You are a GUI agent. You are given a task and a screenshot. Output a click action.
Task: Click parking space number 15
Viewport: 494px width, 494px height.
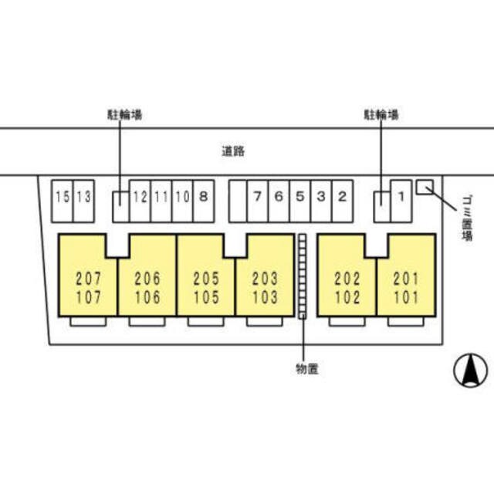click(62, 197)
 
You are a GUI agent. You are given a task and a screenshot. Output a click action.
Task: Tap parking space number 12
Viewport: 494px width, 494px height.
click(140, 197)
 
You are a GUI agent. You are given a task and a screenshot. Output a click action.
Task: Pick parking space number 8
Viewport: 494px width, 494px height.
click(203, 197)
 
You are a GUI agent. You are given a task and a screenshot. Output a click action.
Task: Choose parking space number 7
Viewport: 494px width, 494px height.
click(257, 197)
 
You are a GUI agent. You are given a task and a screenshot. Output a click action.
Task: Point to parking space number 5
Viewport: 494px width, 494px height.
click(299, 197)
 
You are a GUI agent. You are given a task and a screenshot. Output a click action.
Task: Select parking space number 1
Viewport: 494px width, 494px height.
click(401, 197)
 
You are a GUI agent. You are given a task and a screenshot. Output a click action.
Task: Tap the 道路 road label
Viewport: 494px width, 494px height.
click(232, 151)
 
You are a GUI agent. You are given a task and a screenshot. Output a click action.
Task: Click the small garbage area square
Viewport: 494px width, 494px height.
click(425, 187)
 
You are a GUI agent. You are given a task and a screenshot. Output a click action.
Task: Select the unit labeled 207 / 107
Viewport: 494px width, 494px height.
click(87, 287)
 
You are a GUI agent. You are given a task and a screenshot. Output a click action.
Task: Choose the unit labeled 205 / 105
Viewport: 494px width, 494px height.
click(205, 287)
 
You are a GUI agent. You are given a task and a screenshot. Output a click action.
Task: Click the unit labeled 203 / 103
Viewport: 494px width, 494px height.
click(264, 287)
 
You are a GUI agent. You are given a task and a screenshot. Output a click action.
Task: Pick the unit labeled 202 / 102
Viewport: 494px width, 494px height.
click(347, 287)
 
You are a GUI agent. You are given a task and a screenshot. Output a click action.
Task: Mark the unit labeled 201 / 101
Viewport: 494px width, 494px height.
click(405, 287)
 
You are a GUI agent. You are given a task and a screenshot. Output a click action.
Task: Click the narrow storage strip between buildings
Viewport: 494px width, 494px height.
click(303, 276)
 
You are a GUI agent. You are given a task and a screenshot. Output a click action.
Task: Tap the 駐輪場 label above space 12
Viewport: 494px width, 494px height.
click(123, 115)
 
